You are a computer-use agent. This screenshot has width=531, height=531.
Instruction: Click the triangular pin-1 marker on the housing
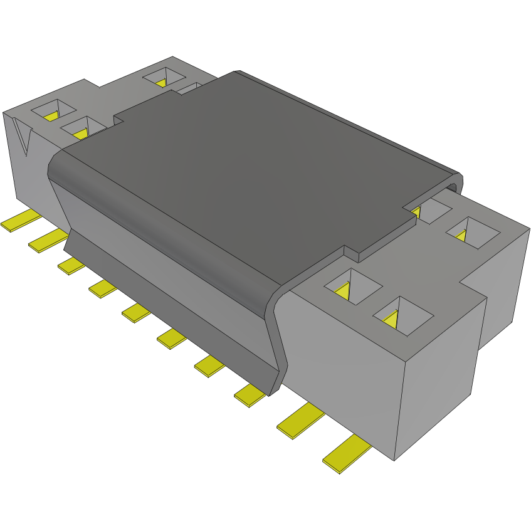tap(24, 140)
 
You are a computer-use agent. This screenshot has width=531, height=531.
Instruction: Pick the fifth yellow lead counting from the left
tap(137, 312)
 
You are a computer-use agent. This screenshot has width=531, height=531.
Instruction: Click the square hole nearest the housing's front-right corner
tap(402, 315)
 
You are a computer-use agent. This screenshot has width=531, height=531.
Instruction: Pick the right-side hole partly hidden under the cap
tap(429, 209)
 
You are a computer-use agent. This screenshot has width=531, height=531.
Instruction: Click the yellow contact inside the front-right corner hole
tap(391, 319)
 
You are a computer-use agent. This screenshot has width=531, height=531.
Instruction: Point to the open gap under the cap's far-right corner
tap(453, 186)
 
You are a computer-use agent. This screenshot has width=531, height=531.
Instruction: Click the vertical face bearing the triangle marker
tap(28, 163)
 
